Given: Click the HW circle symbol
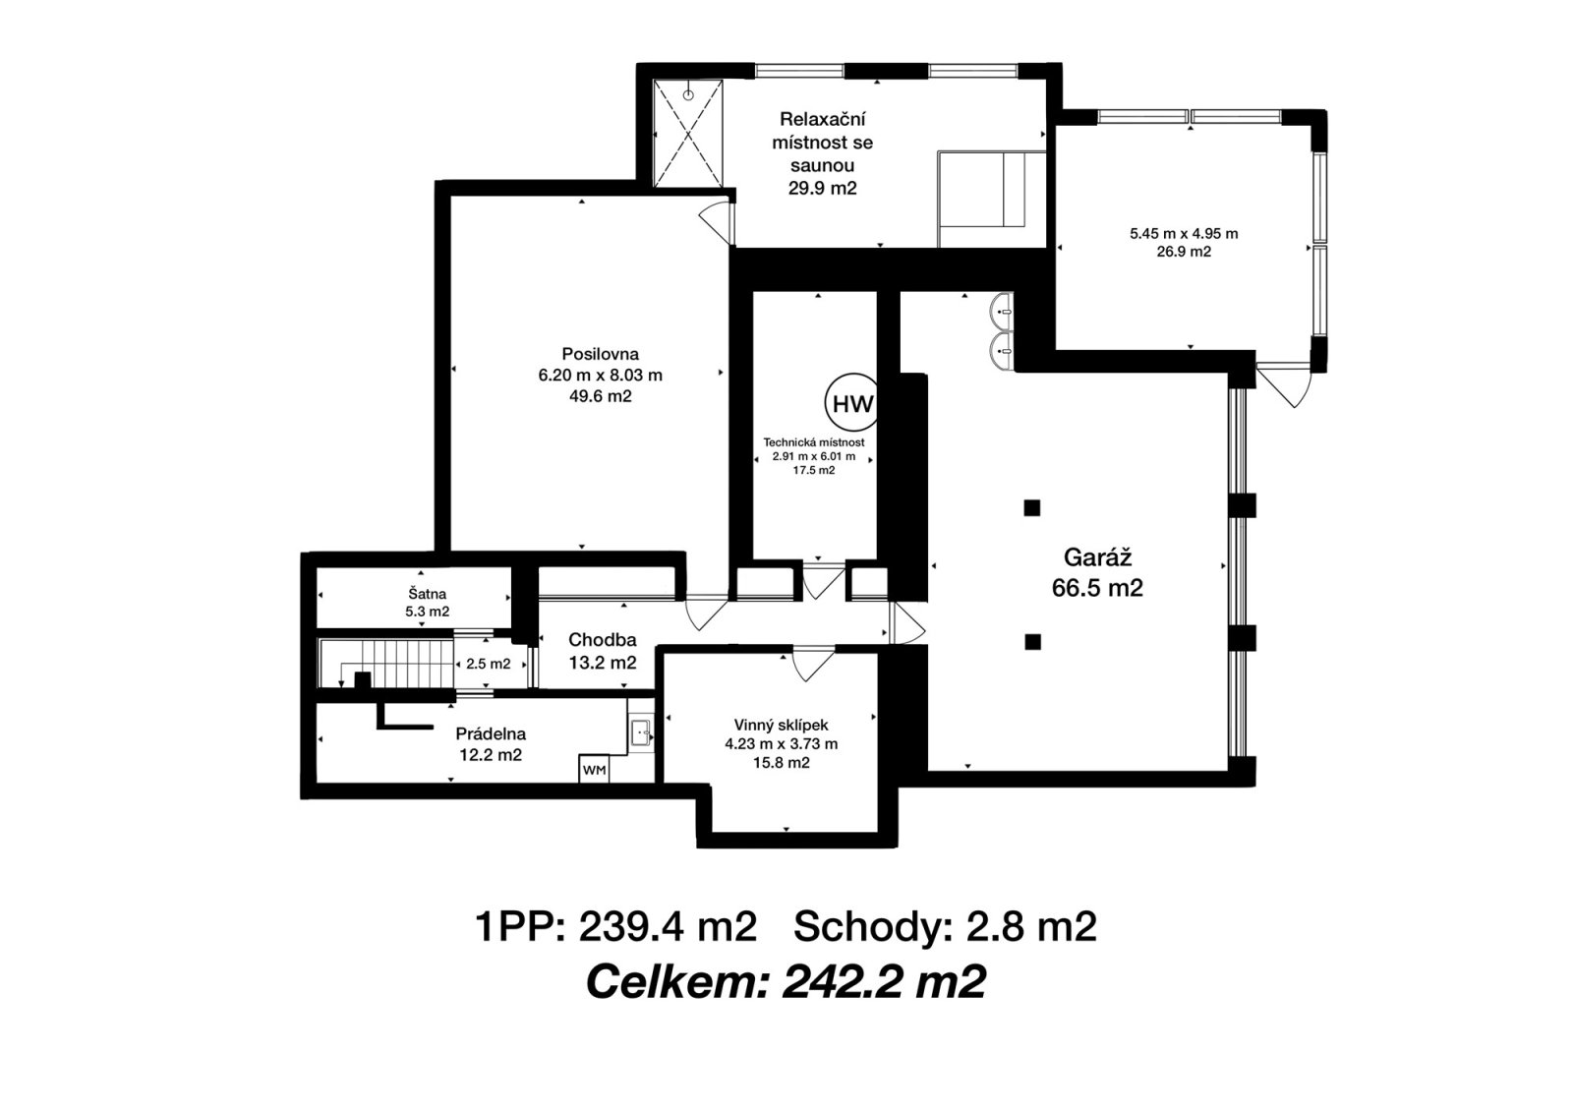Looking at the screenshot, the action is (x=851, y=403).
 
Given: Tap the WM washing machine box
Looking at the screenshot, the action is (x=594, y=769).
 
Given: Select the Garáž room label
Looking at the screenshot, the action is (x=1097, y=556).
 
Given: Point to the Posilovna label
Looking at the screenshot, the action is (x=600, y=353).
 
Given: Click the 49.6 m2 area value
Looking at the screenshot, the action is (x=600, y=396).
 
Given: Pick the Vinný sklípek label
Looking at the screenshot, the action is (x=781, y=725).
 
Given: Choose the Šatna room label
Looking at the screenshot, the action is (x=427, y=594).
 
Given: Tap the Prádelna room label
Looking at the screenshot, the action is (x=491, y=733).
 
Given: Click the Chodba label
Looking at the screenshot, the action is (x=602, y=640).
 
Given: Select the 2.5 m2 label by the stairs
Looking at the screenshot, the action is (x=488, y=664).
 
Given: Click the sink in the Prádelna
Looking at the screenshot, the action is (x=640, y=732).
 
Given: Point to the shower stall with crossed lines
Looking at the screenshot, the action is (x=688, y=134).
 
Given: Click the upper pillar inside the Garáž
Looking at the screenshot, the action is (x=1031, y=507).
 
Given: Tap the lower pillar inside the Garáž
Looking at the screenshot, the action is (x=1031, y=641).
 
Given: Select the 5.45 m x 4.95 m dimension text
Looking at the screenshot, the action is (x=1184, y=234).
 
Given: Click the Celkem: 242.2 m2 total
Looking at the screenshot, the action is (x=786, y=982).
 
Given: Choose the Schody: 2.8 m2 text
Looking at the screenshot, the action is (x=945, y=927).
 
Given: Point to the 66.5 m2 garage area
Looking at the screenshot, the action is (x=1097, y=587).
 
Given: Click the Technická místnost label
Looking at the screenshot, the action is (x=814, y=442).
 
